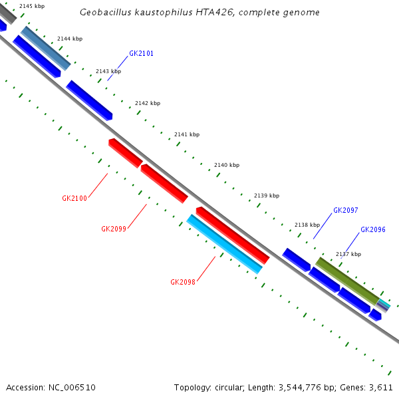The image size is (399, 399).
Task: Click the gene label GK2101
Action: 141,53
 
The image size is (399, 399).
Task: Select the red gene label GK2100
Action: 74,198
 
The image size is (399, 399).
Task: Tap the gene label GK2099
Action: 114,229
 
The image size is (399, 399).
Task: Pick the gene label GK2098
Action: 183,282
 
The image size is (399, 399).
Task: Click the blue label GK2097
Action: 346,210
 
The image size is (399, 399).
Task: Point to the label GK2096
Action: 373,229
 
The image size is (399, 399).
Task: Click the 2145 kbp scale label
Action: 33,6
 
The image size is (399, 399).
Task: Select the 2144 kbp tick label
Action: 70,39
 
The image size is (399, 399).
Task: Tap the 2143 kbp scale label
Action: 108,71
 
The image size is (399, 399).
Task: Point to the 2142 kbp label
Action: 148,103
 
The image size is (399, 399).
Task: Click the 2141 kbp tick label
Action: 187,134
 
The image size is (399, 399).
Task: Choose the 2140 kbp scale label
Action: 227,165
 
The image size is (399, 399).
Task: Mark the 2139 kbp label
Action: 267,196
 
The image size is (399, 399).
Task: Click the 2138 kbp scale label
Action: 307,225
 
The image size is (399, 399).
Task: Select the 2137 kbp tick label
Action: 348,254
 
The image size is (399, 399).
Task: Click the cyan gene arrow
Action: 225,245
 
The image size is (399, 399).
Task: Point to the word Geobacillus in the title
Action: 105,13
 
